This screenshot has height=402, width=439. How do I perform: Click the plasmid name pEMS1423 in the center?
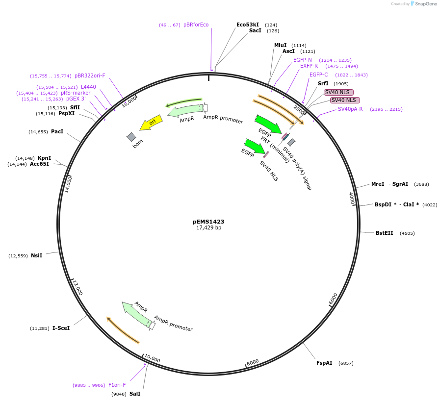pyautogui.click(x=208, y=222)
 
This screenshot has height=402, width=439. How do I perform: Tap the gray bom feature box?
pyautogui.click(x=131, y=137)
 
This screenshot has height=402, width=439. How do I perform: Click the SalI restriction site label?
pyautogui.click(x=135, y=394)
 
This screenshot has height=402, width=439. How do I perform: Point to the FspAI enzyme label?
pyautogui.click(x=324, y=363)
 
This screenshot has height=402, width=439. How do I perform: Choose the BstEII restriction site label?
pyautogui.click(x=384, y=233)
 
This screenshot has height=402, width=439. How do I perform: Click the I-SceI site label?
pyautogui.click(x=61, y=328)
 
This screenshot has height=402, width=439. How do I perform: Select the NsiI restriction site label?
pyautogui.click(x=36, y=255)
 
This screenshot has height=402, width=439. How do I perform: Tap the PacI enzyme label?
pyautogui.click(x=57, y=131)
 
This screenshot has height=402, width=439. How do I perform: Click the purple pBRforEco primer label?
pyautogui.click(x=196, y=25)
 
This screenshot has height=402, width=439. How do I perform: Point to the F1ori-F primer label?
pyautogui.click(x=117, y=385)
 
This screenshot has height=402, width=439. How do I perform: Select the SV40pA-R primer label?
pyautogui.click(x=350, y=109)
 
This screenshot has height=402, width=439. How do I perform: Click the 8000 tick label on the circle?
pyautogui.click(x=253, y=362)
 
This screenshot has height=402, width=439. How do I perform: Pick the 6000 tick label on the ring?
pyautogui.click(x=333, y=299)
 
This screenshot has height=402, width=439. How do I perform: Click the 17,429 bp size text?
pyautogui.click(x=208, y=227)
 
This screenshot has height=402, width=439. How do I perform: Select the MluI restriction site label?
pyautogui.click(x=280, y=45)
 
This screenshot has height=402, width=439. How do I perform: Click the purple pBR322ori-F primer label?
pyautogui.click(x=90, y=75)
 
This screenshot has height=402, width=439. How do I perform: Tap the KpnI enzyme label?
pyautogui.click(x=44, y=158)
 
